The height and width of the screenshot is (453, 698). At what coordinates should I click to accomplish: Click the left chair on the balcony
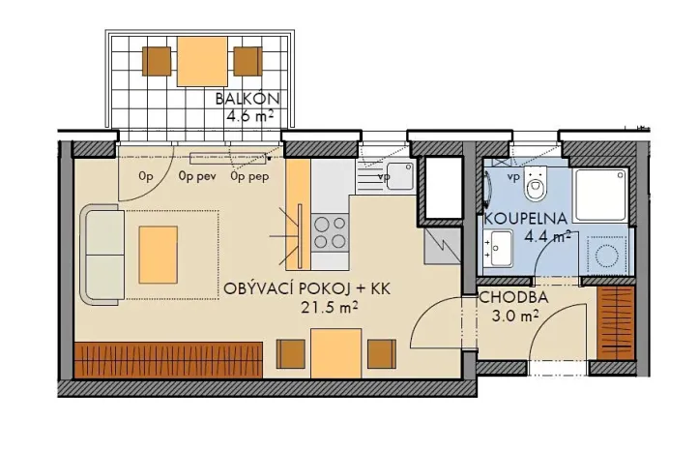(x=157, y=61)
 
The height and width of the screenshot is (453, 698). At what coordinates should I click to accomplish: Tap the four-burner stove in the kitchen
(x=331, y=233)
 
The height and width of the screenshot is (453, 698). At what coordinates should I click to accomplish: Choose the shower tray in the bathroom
(x=600, y=192)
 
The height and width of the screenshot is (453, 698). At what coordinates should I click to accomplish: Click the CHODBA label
(x=513, y=297)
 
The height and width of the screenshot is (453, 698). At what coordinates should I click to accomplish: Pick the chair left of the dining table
(x=291, y=354)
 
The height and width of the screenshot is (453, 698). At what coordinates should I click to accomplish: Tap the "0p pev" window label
(x=197, y=177)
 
